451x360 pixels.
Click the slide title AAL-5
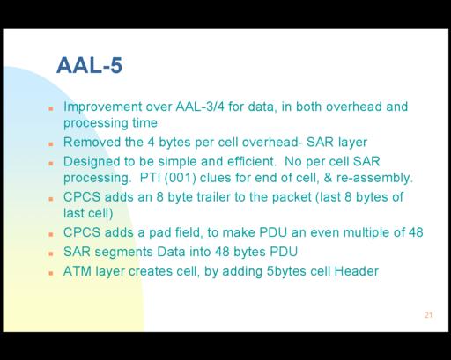point(89,65)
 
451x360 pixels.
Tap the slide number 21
point(428,315)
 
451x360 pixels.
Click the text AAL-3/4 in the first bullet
point(200,107)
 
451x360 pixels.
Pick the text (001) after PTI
point(180,178)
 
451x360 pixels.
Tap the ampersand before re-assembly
point(328,178)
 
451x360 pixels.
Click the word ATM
point(78,271)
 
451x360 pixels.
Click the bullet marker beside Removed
point(51,144)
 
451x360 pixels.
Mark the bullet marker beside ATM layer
point(51,273)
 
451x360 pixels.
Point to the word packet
point(292,198)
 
